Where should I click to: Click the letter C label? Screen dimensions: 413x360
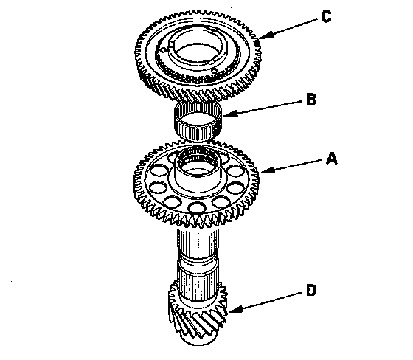(x=326, y=17)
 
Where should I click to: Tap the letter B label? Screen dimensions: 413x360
(x=311, y=100)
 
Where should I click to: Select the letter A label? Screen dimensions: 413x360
(x=332, y=159)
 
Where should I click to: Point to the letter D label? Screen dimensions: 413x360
(x=311, y=290)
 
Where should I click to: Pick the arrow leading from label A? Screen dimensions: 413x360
(x=291, y=166)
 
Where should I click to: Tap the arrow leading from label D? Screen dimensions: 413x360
(x=265, y=302)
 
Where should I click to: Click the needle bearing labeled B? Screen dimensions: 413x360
(x=198, y=120)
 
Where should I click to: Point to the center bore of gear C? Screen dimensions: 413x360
(x=198, y=52)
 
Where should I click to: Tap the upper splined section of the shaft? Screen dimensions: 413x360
(x=198, y=243)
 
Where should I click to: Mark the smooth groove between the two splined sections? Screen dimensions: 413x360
(x=198, y=263)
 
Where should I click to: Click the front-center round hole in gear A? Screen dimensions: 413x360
(x=198, y=207)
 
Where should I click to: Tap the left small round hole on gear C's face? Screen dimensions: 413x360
(x=164, y=50)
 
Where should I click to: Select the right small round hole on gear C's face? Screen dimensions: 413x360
(x=215, y=71)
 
